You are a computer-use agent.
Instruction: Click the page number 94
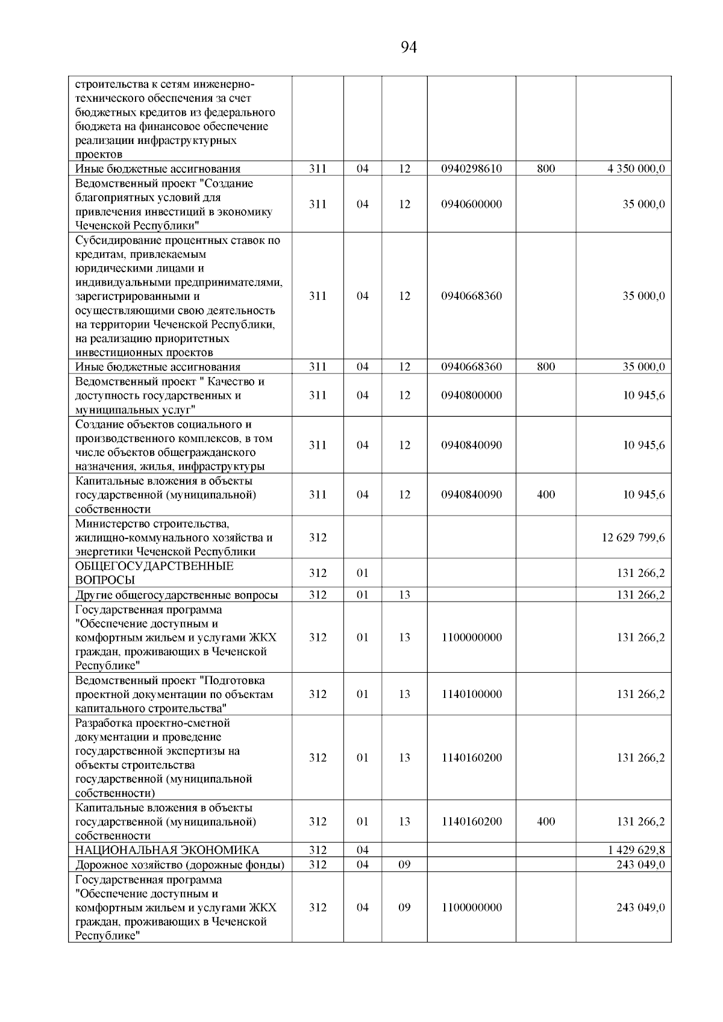[x=408, y=48]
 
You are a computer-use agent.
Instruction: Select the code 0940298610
[x=471, y=169]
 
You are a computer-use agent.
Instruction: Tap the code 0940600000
[x=471, y=204]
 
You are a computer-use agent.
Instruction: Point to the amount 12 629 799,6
[x=633, y=537]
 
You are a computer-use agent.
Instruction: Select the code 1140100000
[x=471, y=694]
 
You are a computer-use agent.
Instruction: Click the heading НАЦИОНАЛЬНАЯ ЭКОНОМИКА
[x=167, y=850]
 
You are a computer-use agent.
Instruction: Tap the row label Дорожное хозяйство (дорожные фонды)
[x=180, y=865]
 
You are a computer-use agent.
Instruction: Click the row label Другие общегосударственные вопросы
[x=177, y=595]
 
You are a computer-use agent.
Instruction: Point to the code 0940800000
[x=471, y=396]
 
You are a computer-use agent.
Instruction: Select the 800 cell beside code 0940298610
[x=545, y=169]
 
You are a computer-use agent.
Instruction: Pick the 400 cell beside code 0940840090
[x=545, y=495]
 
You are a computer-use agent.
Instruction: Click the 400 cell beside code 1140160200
[x=545, y=822]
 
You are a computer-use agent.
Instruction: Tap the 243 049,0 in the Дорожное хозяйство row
[x=640, y=865]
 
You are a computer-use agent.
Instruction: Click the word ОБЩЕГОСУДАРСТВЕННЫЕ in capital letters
[x=154, y=567]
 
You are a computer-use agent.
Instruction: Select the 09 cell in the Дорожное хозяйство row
[x=404, y=865]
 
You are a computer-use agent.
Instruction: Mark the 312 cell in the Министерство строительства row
[x=318, y=537]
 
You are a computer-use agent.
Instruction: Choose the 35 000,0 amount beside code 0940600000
[x=643, y=204]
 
